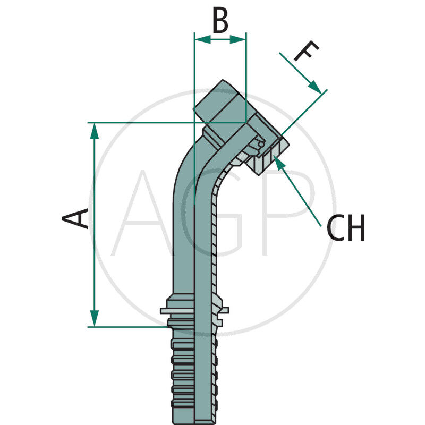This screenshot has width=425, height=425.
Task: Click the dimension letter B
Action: (x=220, y=21)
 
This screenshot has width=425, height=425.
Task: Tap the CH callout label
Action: (x=345, y=229)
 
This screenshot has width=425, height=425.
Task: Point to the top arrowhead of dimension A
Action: (x=95, y=130)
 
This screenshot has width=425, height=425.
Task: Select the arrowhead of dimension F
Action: (x=315, y=86)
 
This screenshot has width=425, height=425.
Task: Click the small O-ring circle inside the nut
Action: (x=260, y=144)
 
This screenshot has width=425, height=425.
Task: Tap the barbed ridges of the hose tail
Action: (x=194, y=372)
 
